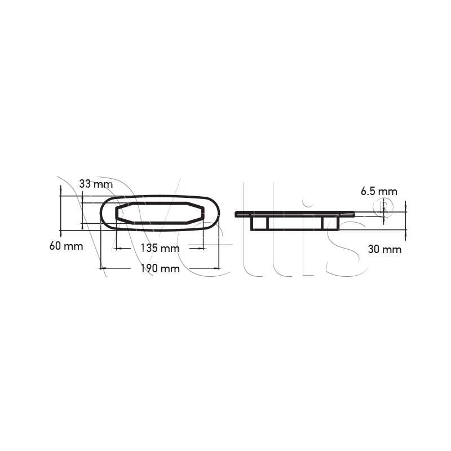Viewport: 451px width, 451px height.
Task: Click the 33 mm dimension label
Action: (x=96, y=184)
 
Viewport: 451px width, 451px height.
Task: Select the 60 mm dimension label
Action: (x=66, y=246)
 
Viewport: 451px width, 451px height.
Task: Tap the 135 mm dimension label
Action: (x=160, y=248)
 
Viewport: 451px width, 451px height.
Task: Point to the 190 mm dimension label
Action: (x=160, y=269)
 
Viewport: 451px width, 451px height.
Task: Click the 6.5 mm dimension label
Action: (x=379, y=192)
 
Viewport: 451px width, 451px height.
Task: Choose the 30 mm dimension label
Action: (x=384, y=249)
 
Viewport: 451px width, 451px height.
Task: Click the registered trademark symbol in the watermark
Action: (x=383, y=206)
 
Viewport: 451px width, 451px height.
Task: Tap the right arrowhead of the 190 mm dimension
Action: (x=216, y=268)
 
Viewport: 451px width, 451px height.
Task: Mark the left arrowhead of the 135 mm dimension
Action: (x=119, y=248)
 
